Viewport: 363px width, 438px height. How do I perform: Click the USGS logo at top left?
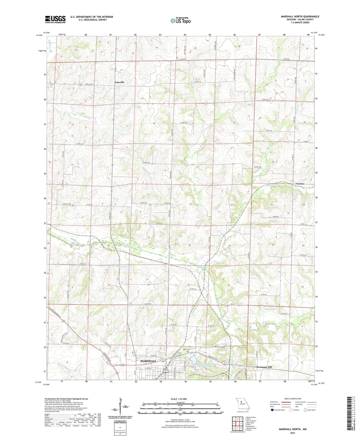(x=55, y=19)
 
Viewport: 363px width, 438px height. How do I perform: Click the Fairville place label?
(x=120, y=82)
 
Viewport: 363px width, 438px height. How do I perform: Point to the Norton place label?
(x=300, y=184)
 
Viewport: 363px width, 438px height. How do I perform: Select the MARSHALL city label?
(x=148, y=361)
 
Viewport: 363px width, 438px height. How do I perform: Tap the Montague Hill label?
(x=264, y=367)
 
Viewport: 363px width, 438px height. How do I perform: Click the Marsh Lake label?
(x=270, y=309)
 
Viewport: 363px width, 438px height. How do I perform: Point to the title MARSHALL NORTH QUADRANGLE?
(x=300, y=17)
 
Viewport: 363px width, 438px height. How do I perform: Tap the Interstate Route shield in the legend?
(x=273, y=410)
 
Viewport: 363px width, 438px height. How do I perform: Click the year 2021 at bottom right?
(x=292, y=433)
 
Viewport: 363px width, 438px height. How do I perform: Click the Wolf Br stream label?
(x=85, y=117)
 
